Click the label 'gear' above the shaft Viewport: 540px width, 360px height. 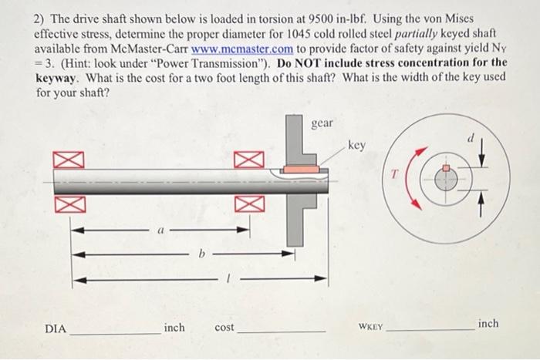click(323, 123)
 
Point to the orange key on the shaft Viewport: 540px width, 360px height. click(299, 168)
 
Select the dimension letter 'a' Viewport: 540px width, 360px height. click(160, 229)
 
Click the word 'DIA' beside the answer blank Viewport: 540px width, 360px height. click(55, 328)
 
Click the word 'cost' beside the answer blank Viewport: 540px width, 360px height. click(224, 328)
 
